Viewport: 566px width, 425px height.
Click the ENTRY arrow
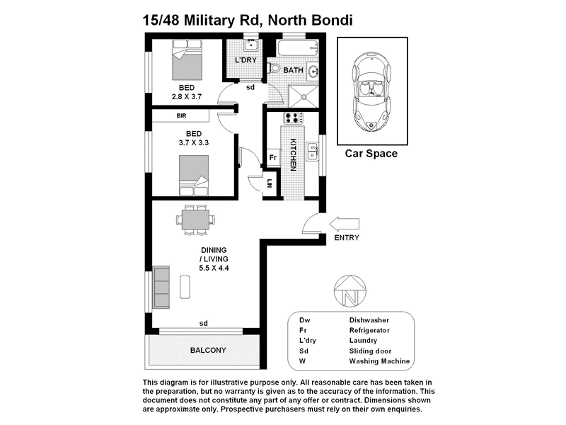pos(345,223)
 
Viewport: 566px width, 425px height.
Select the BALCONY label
pos(208,351)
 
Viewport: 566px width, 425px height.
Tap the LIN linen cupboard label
pos(270,183)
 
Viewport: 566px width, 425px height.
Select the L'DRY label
pos(245,60)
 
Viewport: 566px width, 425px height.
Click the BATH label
pos(293,71)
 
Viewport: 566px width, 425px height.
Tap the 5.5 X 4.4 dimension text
pos(213,268)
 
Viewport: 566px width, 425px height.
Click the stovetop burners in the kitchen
pos(292,118)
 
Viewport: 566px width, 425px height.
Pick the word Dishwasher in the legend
pos(372,320)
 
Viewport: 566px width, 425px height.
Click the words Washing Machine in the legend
pos(380,361)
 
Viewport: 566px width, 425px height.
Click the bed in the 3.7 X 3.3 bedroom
pos(194,174)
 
